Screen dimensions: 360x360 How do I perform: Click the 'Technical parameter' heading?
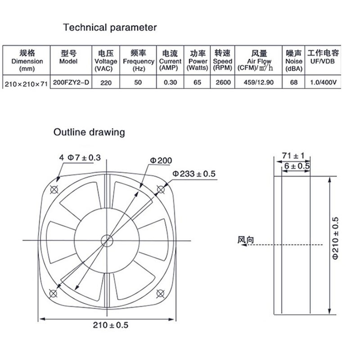[110, 27]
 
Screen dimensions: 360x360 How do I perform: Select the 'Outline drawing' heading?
[89, 132]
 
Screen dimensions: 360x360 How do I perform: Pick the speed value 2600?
[223, 82]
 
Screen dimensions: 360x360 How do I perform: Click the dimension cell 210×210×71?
[25, 83]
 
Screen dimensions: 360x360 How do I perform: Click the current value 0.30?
[170, 82]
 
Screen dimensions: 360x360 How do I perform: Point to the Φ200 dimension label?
[161, 160]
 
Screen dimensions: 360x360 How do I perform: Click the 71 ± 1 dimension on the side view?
[293, 156]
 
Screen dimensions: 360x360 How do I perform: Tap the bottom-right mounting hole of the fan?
[159, 293]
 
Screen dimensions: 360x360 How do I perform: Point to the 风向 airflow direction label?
[246, 240]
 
